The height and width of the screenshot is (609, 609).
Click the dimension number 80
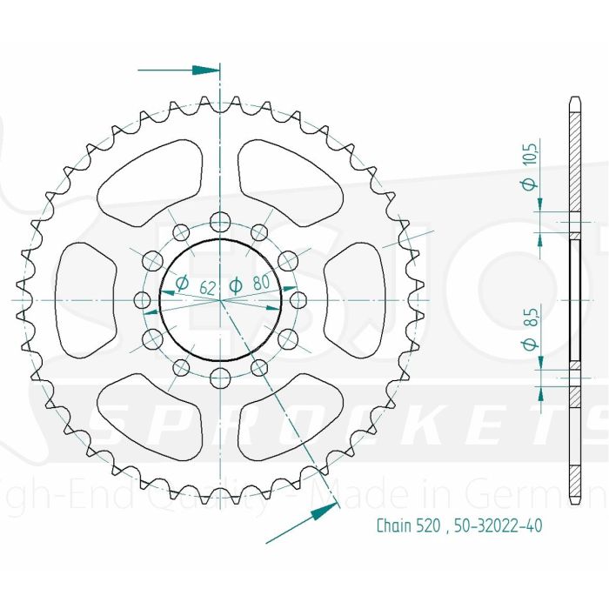point(260,283)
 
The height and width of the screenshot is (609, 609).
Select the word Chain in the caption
point(394,525)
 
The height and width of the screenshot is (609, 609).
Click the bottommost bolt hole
point(220,378)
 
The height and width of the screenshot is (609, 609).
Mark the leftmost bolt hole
point(142,299)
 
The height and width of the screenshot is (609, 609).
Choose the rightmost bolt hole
point(298,299)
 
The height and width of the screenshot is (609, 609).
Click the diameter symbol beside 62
point(183,283)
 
